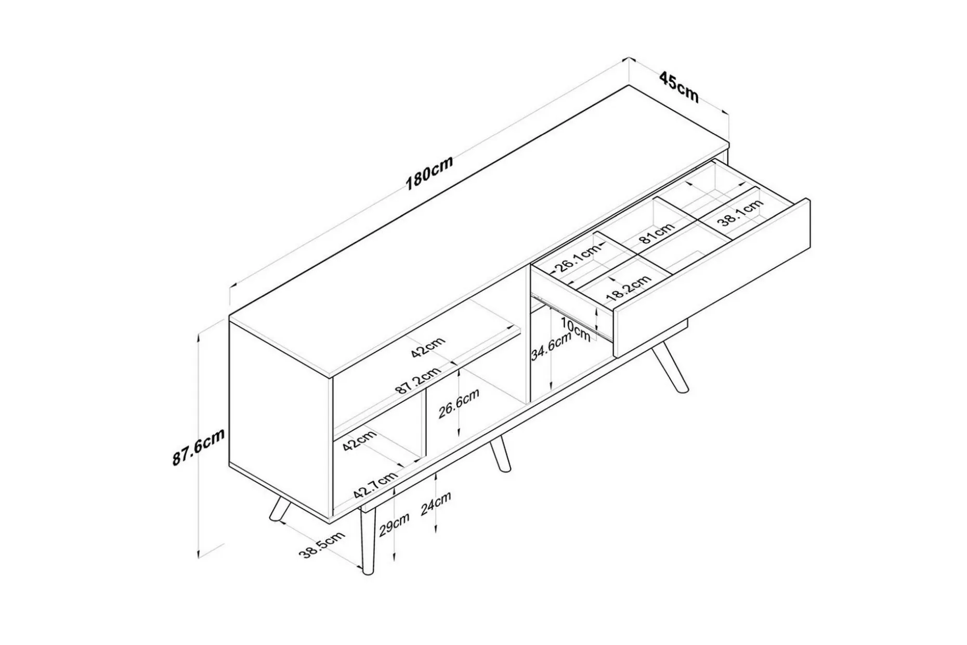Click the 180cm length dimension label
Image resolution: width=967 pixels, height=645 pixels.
[429, 172]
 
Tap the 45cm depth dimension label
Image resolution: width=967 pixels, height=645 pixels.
[678, 87]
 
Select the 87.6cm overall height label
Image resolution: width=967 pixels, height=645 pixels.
[199, 447]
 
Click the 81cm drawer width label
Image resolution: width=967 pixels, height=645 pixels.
[657, 232]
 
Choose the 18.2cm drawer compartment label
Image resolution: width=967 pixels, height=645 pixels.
[629, 288]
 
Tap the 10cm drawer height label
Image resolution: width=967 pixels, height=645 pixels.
[576, 330]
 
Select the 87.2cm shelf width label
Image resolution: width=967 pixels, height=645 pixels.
[418, 381]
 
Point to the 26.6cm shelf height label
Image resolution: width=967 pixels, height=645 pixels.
[459, 403]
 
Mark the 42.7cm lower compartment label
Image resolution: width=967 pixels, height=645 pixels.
[375, 485]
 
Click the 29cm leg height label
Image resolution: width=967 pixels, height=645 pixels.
[394, 524]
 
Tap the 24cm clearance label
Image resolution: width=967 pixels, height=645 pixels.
[436, 503]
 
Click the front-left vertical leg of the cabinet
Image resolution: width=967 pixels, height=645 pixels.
[368, 541]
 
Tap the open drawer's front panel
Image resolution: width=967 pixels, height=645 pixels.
[712, 277]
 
